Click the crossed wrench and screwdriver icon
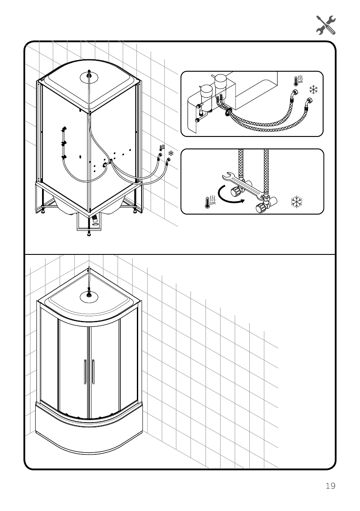(x=326, y=24)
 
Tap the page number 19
(x=330, y=486)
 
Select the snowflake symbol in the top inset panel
(x=314, y=89)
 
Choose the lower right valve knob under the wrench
(x=260, y=209)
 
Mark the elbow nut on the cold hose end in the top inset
(x=308, y=103)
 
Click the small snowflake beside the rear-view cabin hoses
(x=171, y=153)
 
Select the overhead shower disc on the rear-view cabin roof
(x=89, y=77)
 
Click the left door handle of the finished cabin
(x=85, y=372)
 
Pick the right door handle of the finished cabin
(x=93, y=372)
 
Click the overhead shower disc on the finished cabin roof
(x=89, y=295)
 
